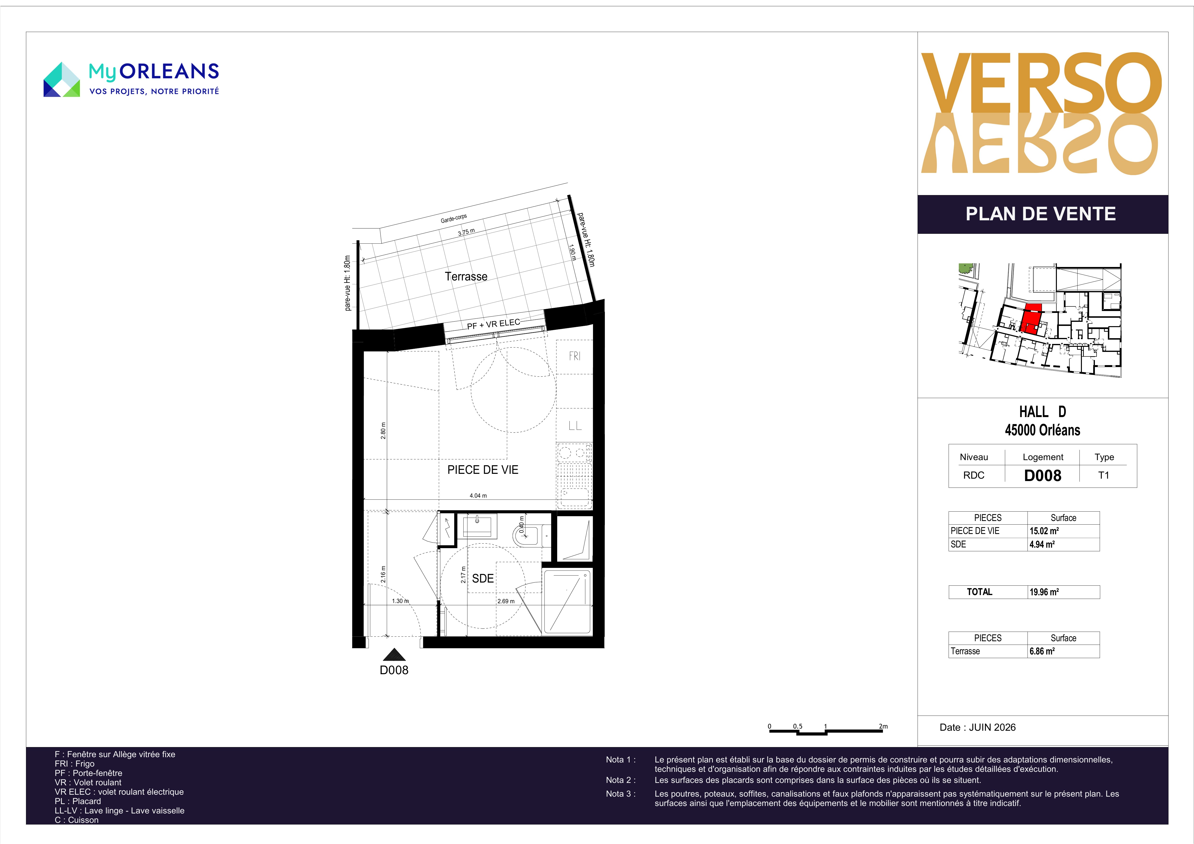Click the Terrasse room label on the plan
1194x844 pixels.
coord(466,277)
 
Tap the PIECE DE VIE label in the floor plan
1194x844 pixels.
coord(483,470)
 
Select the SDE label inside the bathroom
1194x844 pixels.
coord(483,578)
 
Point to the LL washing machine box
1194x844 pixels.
coord(575,425)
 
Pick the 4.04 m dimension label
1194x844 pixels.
coord(478,495)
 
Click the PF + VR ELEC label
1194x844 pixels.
coord(493,324)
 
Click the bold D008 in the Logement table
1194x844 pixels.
coord(1043,475)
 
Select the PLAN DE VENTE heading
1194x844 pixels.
coord(1041,214)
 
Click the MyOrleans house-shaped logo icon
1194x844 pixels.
coord(61,80)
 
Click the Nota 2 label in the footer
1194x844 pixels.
coord(620,780)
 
